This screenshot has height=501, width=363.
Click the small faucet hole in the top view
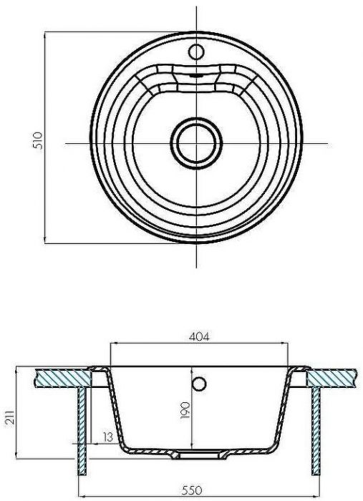(x=195, y=52)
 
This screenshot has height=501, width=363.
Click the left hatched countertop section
(x=61, y=377)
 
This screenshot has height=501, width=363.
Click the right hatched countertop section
(x=331, y=377)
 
